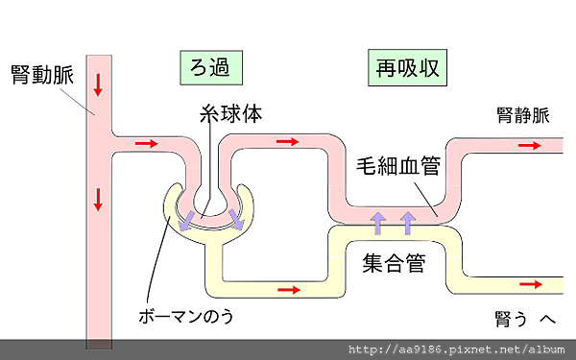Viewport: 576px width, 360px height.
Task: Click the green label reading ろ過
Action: point(210,68)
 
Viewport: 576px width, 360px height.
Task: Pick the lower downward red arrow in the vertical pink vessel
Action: point(98,200)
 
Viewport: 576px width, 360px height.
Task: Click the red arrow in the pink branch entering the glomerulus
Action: point(146,143)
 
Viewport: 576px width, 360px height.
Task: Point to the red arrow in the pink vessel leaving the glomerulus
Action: point(287,142)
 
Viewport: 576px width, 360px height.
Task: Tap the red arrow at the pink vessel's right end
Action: point(529,145)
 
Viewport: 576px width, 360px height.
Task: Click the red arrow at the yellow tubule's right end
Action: point(529,285)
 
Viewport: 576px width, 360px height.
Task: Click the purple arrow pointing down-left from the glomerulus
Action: point(187,223)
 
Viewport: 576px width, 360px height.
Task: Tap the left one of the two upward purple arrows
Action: point(378,223)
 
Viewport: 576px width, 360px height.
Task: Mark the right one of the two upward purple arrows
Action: point(408,223)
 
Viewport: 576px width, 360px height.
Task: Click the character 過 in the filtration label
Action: point(222,68)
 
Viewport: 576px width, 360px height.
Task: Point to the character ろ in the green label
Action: point(198,68)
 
